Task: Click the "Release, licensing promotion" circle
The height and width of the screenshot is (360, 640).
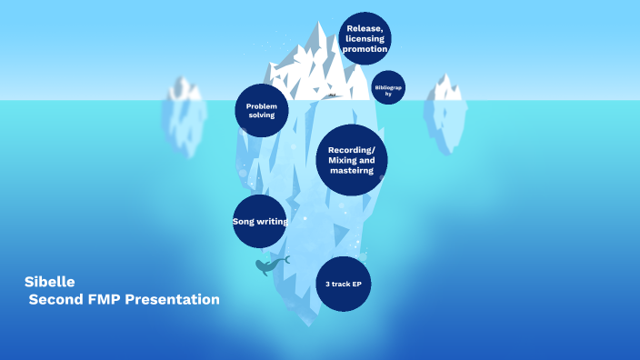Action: (x=365, y=38)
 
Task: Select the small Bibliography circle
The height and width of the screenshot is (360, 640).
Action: (x=388, y=87)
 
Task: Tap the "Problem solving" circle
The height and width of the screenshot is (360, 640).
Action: (x=262, y=111)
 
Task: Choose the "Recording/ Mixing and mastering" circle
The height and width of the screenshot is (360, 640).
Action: (x=351, y=160)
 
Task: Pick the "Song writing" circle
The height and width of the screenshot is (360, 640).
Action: (x=260, y=221)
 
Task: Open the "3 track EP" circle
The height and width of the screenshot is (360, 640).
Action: (x=344, y=285)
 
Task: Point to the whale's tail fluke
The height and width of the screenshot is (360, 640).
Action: (x=285, y=259)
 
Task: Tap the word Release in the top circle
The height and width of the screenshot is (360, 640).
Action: (x=363, y=28)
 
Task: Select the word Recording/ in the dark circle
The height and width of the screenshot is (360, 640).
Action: (x=351, y=149)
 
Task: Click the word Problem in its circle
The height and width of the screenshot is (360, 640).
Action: (x=262, y=105)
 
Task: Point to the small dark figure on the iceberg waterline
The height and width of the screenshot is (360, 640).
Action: (x=333, y=95)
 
